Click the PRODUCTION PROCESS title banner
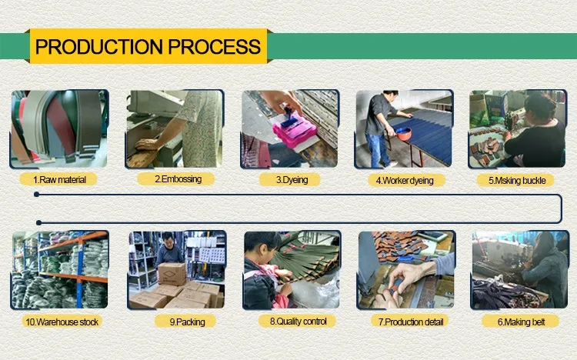pos(148,46)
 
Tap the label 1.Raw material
pos(59,180)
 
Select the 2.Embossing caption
pos(176,179)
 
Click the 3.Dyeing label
pos(291,180)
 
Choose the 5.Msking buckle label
pos(515,180)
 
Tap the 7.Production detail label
pos(410,322)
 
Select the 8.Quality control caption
pos(297,322)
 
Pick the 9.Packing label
pos(186,322)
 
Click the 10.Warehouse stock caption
pos(62,322)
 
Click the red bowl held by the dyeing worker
pos(403,133)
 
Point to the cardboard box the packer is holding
pos(172,274)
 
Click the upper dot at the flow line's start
pos(36,194)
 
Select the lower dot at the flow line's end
pos(38,222)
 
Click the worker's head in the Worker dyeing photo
pos(390,96)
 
